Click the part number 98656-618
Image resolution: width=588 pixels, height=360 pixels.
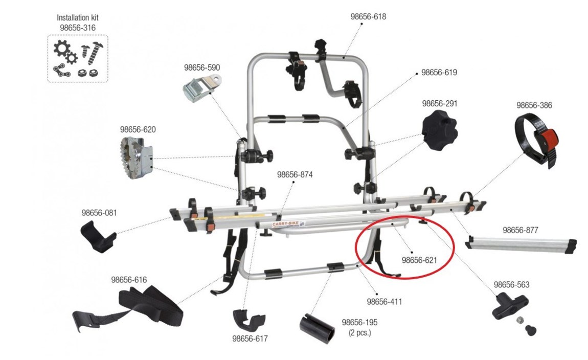click(x=368, y=16)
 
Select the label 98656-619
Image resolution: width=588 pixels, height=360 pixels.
click(x=439, y=73)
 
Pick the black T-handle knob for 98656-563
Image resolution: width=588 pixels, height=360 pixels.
click(x=510, y=306)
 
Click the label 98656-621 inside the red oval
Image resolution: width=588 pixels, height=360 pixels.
click(x=419, y=260)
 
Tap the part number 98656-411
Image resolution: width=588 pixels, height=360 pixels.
click(x=384, y=302)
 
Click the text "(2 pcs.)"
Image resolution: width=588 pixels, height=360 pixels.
click(x=359, y=332)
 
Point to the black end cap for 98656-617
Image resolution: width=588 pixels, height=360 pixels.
click(x=249, y=319)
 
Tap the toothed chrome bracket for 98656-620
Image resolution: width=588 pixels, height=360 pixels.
click(x=137, y=158)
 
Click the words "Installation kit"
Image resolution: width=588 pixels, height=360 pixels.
click(x=78, y=17)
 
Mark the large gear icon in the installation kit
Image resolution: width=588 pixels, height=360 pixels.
click(x=61, y=49)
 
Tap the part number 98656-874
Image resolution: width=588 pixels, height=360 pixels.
click(x=295, y=174)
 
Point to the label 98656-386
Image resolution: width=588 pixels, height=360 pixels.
click(x=534, y=105)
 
